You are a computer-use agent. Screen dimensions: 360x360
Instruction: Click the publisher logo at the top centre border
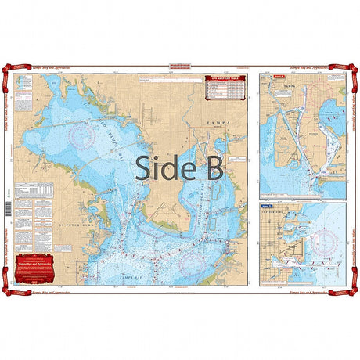(x=180, y=67)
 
